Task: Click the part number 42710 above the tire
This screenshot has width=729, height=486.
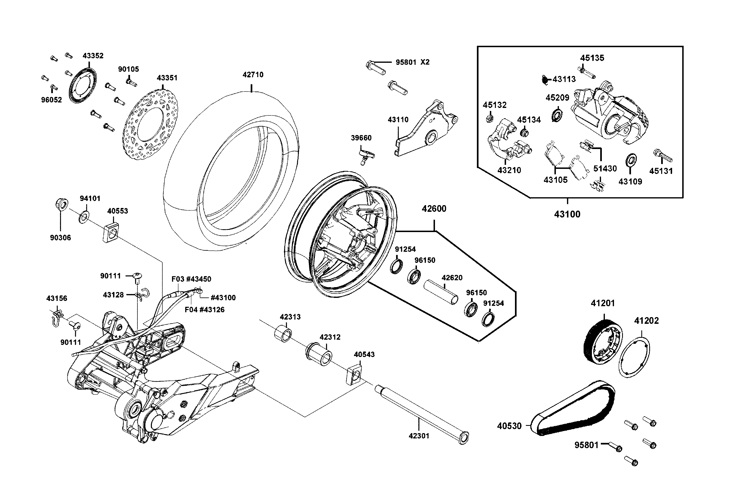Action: point(253,75)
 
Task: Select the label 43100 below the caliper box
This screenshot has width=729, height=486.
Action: point(567,214)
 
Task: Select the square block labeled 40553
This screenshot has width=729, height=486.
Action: point(111,232)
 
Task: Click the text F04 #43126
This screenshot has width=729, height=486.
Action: point(205,310)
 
